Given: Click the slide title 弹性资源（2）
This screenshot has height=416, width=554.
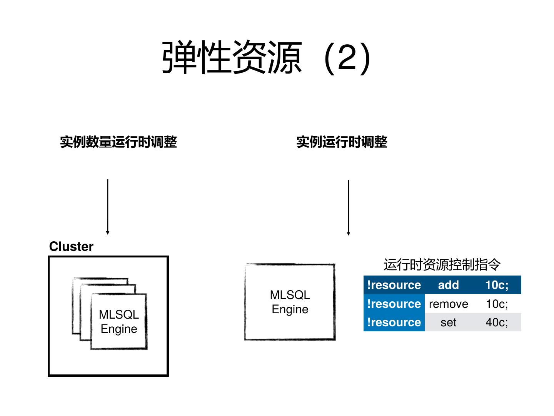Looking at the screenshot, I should coord(267,58).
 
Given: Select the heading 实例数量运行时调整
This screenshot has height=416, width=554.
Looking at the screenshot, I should coord(118,142).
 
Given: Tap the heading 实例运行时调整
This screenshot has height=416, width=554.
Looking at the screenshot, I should coord(342,142).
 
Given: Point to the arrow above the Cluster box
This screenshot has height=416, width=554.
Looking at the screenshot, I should coord(108,206).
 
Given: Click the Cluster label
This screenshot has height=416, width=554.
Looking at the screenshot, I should coord(71,246).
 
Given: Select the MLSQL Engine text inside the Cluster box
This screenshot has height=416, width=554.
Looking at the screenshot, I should coord(118,322).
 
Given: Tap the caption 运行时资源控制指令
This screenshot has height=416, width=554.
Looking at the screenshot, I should coord(442,265).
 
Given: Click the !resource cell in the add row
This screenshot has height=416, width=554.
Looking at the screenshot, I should coord(394,285).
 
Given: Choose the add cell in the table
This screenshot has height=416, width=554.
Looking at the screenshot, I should coord(448,285).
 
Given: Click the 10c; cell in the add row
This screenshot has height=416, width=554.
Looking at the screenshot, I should coord(496,285).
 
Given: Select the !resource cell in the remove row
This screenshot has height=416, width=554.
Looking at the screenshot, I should coord(394,304).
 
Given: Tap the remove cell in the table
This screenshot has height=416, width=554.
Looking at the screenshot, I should coord(448,304).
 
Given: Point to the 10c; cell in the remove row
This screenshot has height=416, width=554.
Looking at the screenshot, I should coord(496,304).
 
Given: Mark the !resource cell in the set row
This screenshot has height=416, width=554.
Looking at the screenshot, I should coord(394,322).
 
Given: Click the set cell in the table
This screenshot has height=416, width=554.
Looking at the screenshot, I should coord(448,322).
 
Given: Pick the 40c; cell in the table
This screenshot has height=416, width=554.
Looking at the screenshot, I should coord(496,322).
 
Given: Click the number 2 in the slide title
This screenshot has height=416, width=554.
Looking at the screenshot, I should coord(347,58).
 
